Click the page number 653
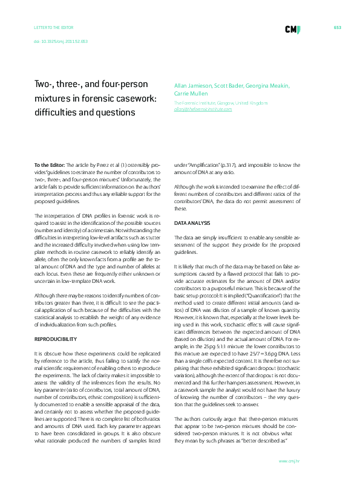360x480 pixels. [338, 28]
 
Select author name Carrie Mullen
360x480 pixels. [191, 94]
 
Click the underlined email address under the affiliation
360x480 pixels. [203, 109]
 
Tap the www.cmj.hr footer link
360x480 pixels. [290, 461]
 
